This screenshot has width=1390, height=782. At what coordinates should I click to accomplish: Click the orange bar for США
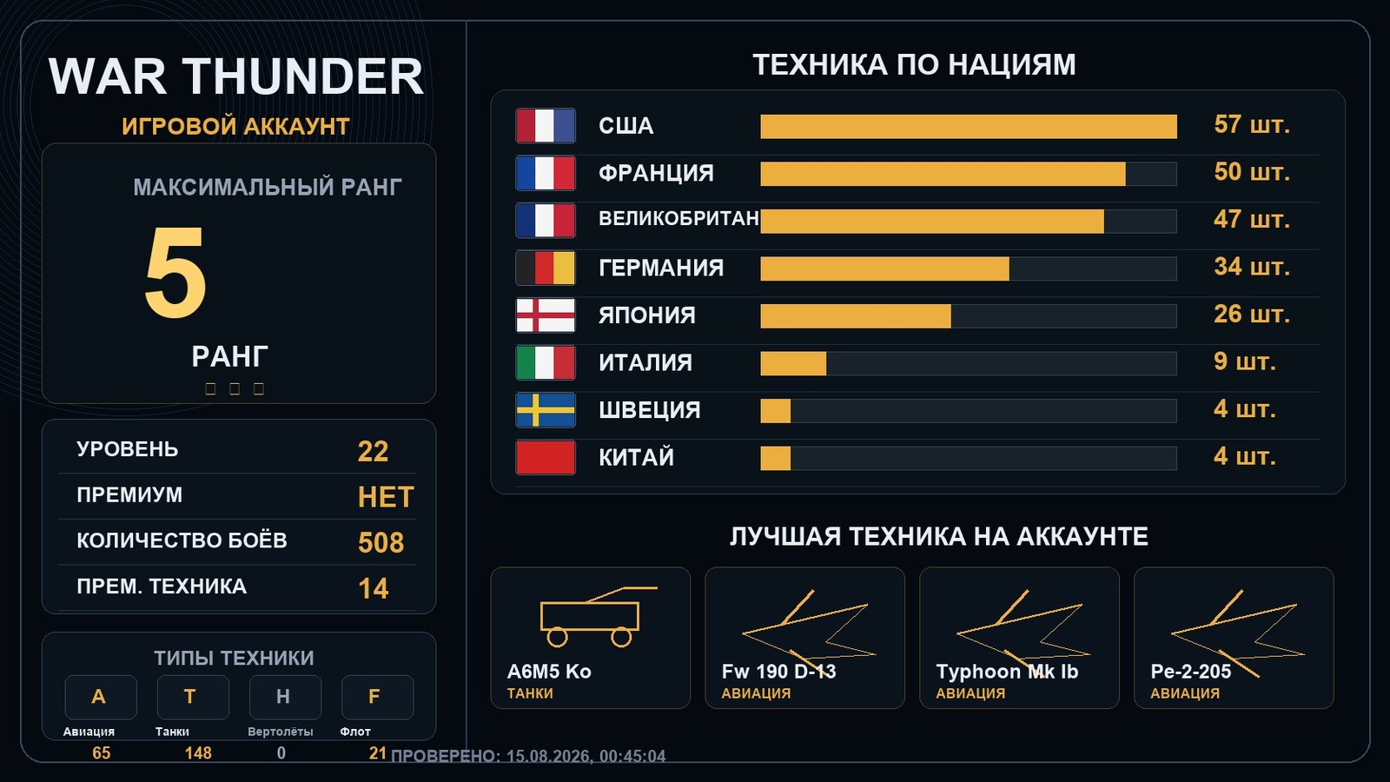tap(968, 126)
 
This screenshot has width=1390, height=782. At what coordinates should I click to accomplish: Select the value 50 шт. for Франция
tap(1252, 172)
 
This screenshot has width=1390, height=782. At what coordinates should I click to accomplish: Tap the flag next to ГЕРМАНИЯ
tap(546, 268)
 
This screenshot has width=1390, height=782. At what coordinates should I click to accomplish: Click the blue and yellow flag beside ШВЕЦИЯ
tap(546, 409)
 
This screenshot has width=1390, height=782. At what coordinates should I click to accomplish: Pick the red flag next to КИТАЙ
tap(546, 457)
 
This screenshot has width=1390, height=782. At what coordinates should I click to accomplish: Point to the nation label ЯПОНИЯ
tap(646, 315)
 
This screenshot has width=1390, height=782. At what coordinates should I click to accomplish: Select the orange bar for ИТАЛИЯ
tap(793, 363)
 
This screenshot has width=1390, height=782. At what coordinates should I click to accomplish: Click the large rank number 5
tap(175, 272)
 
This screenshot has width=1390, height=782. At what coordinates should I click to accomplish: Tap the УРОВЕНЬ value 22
tap(373, 451)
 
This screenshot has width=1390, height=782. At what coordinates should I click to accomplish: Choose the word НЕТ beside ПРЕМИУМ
tap(386, 497)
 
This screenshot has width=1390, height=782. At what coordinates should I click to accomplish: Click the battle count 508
tap(381, 542)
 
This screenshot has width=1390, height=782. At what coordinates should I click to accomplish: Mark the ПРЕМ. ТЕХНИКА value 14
tap(373, 588)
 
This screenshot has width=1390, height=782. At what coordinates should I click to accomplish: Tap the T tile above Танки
tap(192, 697)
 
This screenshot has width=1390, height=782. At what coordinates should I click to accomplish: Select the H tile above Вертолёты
tap(285, 697)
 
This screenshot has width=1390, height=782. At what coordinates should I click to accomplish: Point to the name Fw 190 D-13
tap(778, 672)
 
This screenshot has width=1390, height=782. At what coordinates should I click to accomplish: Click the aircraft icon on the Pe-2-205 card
tap(1237, 633)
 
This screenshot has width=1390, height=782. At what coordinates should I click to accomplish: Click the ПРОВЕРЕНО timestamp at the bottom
tap(528, 756)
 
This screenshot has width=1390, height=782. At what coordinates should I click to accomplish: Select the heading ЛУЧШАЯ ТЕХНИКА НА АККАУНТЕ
tap(939, 536)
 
